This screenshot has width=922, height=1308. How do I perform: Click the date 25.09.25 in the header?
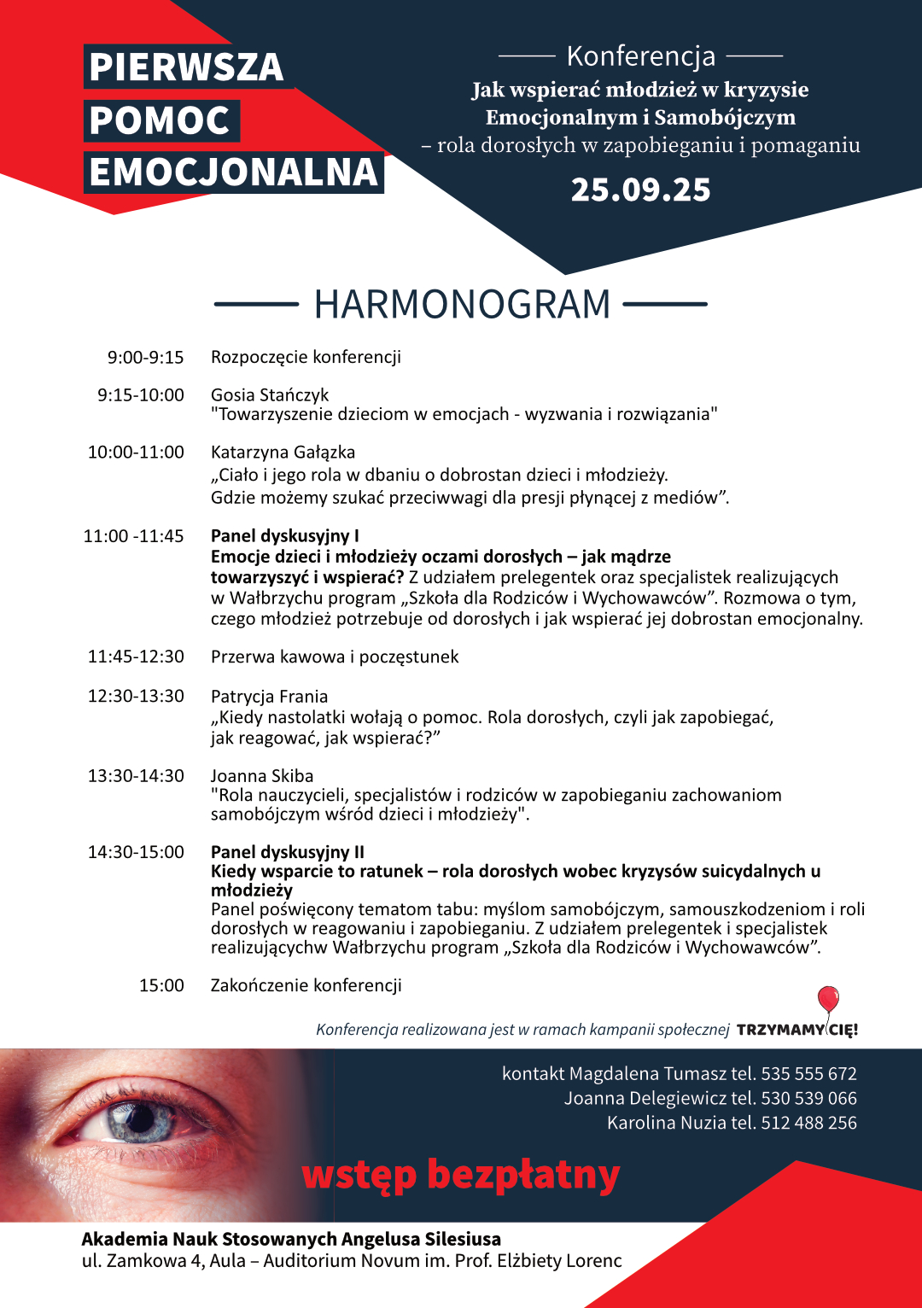click(x=640, y=190)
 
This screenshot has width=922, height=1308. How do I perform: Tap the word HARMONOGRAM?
click(x=462, y=304)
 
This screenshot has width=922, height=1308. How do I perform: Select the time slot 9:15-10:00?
click(x=141, y=394)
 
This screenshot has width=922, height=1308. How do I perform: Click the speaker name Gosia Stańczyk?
click(x=270, y=394)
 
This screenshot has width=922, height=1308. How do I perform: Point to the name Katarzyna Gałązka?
click(x=283, y=452)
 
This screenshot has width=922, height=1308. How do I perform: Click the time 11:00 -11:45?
click(x=133, y=536)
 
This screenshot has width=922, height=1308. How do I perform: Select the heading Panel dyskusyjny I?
click(x=284, y=536)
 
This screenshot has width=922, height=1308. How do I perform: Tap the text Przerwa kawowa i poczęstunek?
click(x=335, y=657)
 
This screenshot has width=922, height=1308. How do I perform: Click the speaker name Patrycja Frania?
click(x=269, y=697)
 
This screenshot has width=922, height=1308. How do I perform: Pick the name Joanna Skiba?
click(x=262, y=775)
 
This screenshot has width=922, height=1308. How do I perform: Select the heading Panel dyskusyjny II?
click(x=288, y=851)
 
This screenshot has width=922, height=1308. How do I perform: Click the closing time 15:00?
click(x=161, y=985)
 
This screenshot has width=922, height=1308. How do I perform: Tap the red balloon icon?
click(x=828, y=998)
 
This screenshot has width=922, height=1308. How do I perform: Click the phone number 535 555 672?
click(x=808, y=1073)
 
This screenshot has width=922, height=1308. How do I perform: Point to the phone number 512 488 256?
click(x=808, y=1123)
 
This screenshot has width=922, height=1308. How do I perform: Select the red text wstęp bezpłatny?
click(x=461, y=1175)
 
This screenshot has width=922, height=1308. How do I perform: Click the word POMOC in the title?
click(x=160, y=120)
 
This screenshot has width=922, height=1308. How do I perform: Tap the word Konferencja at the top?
click(x=640, y=56)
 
